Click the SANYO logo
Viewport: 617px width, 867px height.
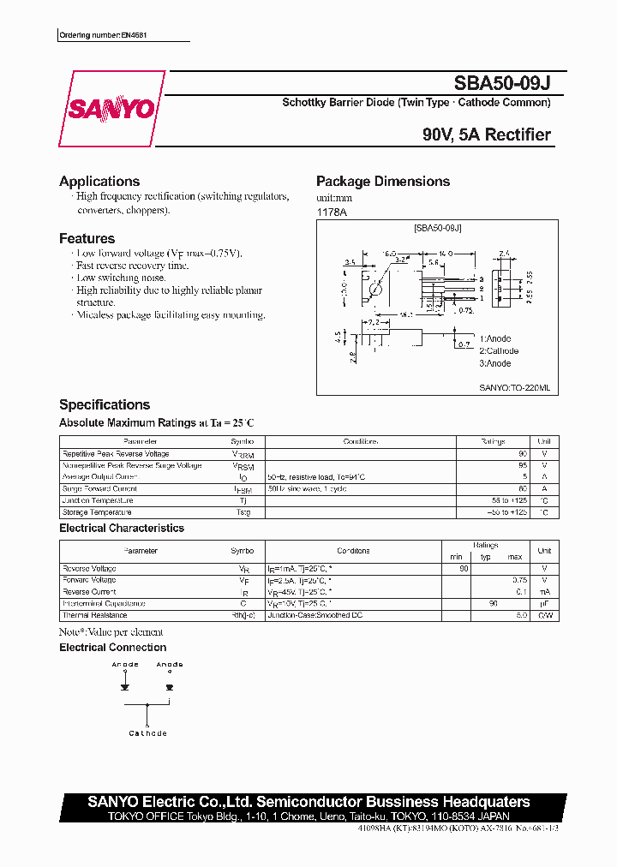pos(111,110)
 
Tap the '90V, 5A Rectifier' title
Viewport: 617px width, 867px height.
pos(486,135)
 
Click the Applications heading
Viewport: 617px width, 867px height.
pos(99,181)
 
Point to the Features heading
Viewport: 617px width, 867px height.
pos(87,238)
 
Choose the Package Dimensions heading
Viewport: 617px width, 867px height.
pos(383,181)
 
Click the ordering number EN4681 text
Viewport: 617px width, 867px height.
pos(110,36)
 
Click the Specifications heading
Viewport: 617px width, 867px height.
pos(105,404)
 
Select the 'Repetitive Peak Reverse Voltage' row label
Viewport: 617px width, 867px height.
pos(116,454)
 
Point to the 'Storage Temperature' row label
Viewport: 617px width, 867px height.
pos(97,512)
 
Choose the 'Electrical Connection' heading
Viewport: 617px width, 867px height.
pos(113,647)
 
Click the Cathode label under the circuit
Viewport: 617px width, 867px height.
pos(147,733)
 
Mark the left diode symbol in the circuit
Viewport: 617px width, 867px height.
pos(125,686)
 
